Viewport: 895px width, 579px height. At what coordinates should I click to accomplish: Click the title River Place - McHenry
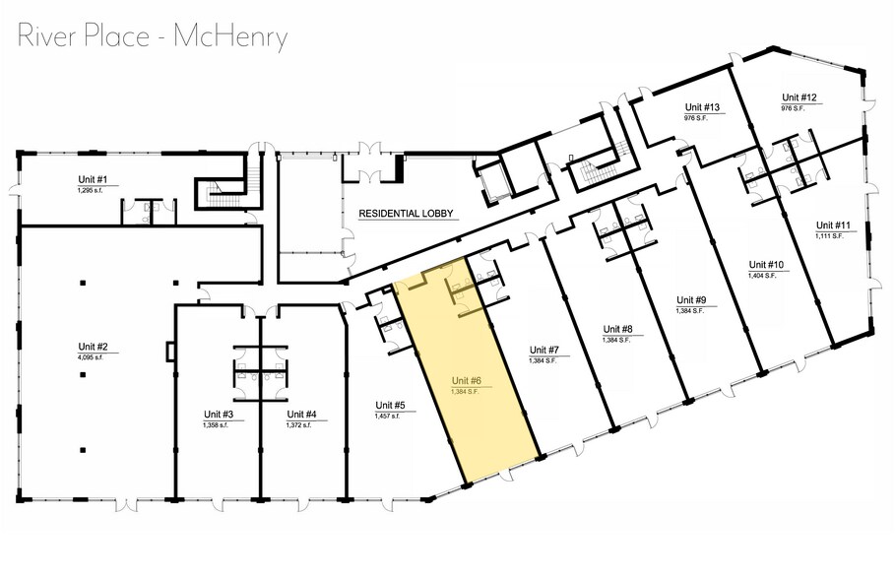[x=153, y=36]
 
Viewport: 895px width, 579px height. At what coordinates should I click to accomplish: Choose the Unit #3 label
[x=218, y=414]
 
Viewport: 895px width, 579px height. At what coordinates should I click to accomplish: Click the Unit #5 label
[x=390, y=405]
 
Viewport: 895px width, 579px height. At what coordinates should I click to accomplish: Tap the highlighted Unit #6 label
[x=467, y=380]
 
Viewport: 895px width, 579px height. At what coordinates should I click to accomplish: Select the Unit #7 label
[x=544, y=351]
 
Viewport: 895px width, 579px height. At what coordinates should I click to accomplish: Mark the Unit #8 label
[x=617, y=329]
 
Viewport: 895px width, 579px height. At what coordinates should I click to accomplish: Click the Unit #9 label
[x=691, y=299]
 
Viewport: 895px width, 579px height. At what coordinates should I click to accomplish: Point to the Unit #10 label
[x=764, y=265]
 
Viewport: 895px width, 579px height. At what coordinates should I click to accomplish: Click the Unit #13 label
[x=703, y=106]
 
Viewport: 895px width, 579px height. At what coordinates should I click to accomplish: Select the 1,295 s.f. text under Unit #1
[x=91, y=189]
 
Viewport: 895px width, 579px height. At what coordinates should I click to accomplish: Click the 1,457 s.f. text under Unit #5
[x=387, y=416]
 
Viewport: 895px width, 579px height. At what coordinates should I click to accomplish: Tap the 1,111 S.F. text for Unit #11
[x=831, y=236]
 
